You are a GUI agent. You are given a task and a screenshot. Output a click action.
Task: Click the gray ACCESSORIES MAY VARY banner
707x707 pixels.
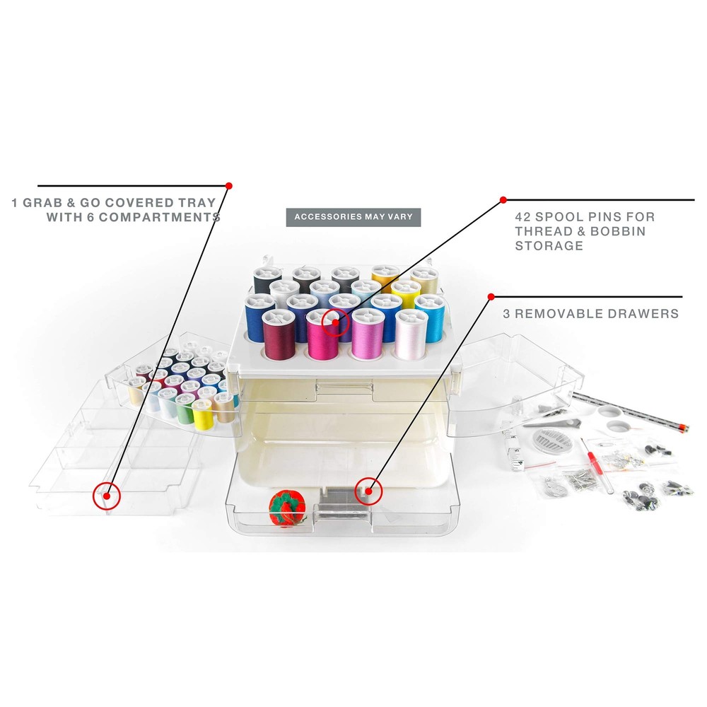[x=353, y=217]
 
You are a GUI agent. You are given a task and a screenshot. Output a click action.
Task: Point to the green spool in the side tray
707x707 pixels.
[x=185, y=411]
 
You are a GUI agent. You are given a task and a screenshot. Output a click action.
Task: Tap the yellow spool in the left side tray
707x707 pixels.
[x=203, y=416]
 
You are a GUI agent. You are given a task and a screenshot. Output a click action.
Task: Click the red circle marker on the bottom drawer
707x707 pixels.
[x=368, y=489]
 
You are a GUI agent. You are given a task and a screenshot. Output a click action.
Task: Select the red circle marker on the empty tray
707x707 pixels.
[x=107, y=496]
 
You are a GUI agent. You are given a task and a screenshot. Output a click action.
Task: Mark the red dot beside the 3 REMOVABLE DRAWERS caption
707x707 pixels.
[x=491, y=297]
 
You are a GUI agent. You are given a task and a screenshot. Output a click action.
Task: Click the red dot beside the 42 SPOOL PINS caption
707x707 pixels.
[x=503, y=200]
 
